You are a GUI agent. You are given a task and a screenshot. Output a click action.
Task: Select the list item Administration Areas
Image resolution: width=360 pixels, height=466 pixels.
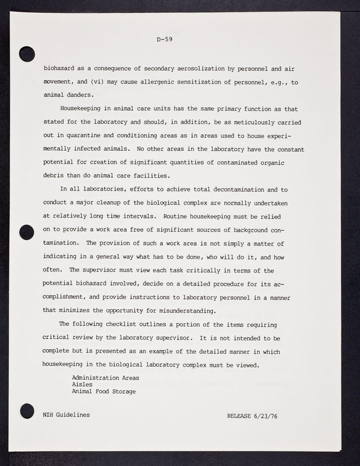(x=105, y=377)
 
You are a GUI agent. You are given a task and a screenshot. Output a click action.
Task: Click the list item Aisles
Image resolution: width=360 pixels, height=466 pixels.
(x=82, y=384)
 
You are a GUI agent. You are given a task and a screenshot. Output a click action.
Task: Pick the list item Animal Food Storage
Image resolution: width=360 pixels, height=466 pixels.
(x=104, y=391)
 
